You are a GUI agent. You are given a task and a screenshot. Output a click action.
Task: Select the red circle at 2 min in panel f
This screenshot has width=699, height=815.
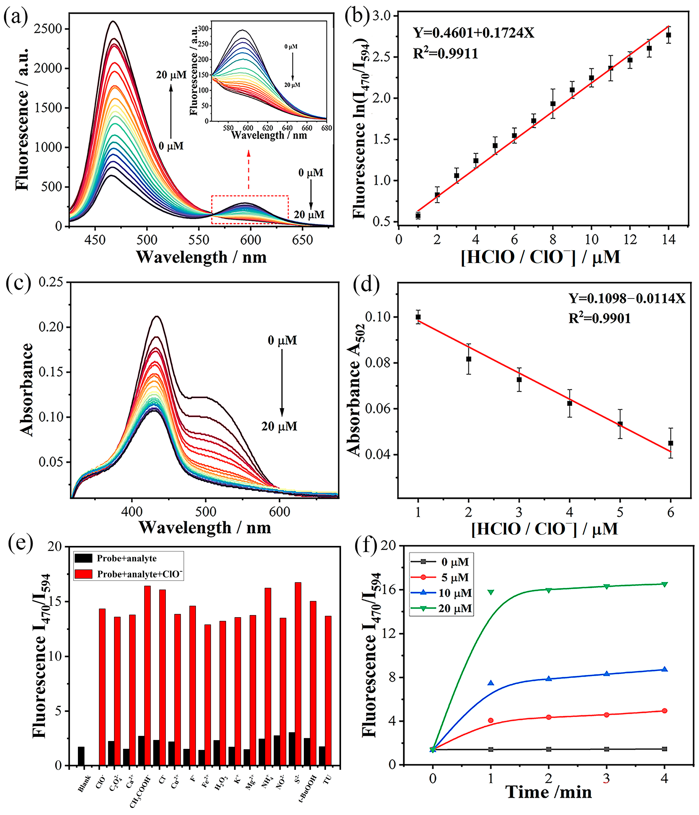549,717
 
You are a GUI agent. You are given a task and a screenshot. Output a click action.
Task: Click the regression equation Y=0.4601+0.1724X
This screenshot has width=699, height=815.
474,33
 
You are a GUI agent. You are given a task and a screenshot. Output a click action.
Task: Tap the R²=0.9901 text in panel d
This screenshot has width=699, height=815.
599,318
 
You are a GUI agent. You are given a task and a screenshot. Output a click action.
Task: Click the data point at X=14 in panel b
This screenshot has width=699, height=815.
668,35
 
